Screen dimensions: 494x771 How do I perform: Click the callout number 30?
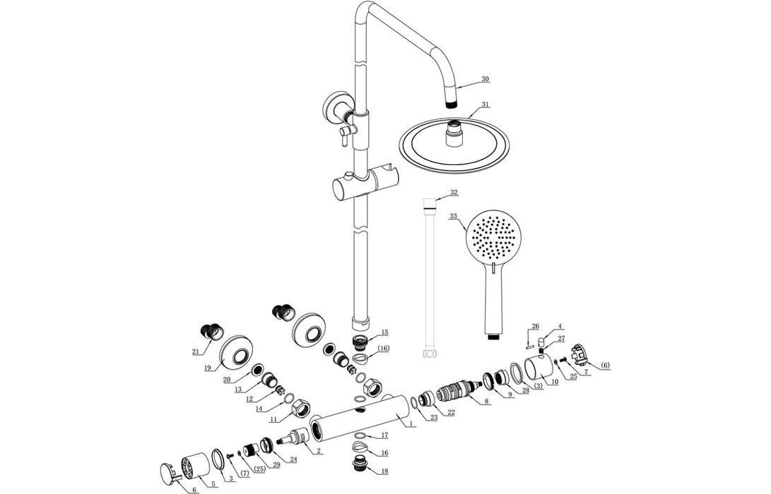[x=485, y=79]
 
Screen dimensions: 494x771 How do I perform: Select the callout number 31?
[x=485, y=104]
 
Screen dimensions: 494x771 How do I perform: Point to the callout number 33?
[x=453, y=216]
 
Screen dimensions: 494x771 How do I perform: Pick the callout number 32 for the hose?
[x=454, y=192]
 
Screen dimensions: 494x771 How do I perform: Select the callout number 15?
[x=384, y=332]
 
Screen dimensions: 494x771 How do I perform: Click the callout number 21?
[x=196, y=351]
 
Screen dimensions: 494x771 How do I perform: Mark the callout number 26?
[x=535, y=326]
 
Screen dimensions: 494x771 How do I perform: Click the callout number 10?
[x=555, y=381]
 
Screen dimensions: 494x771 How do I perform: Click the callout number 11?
[x=272, y=418]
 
